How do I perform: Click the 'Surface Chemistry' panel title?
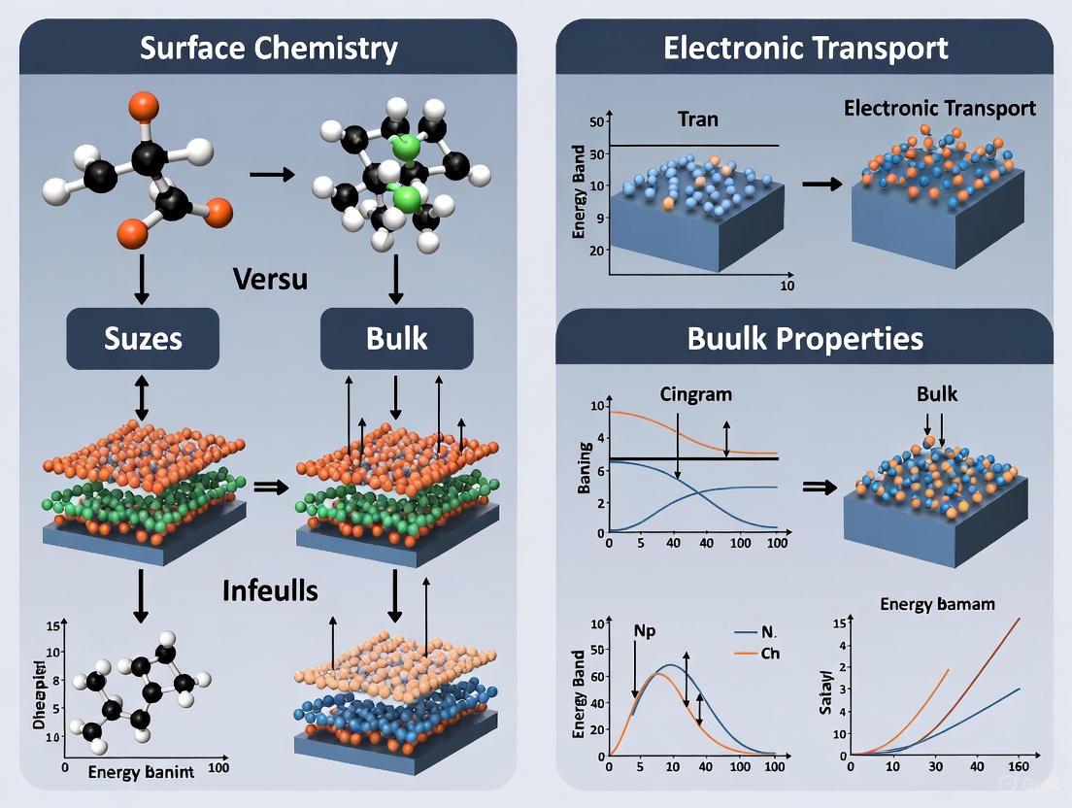click(268, 49)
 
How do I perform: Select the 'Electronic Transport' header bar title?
click(805, 49)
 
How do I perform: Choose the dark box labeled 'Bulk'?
click(396, 339)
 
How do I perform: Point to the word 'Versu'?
click(271, 279)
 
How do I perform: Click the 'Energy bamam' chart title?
click(937, 603)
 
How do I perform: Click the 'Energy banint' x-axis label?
click(141, 772)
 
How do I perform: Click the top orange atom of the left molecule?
click(143, 104)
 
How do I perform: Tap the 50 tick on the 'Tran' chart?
click(595, 121)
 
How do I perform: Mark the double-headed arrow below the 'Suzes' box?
click(142, 401)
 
